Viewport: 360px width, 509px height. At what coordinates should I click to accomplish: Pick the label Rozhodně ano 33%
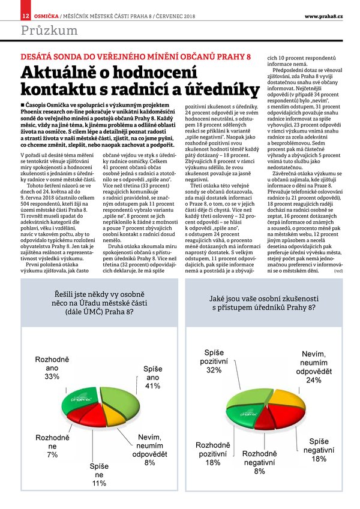tap(52, 368)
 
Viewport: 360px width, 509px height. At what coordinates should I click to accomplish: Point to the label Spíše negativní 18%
tap(319, 450)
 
